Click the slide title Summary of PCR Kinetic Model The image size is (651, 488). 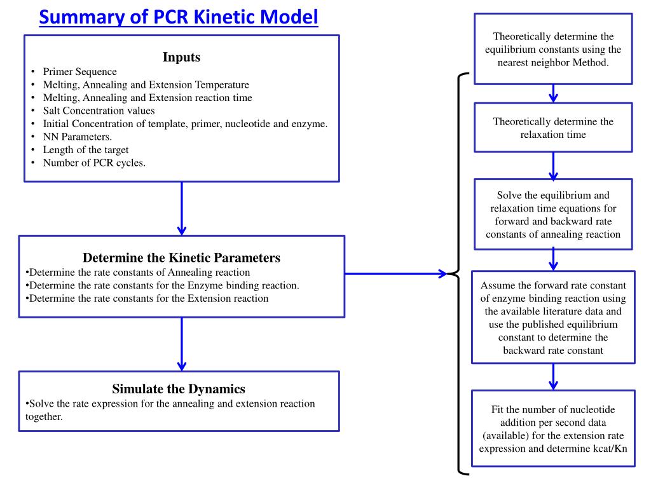178,17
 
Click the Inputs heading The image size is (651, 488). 181,57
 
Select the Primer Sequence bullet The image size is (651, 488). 79,72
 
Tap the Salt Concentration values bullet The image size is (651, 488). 99,111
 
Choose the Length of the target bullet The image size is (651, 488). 86,150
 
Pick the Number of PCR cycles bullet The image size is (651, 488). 94,163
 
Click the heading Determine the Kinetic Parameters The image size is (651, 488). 181,258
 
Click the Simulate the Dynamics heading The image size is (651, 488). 179,389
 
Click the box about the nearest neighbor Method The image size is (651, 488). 553,50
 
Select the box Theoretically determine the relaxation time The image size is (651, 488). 553,128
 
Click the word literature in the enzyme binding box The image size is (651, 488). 573,311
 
